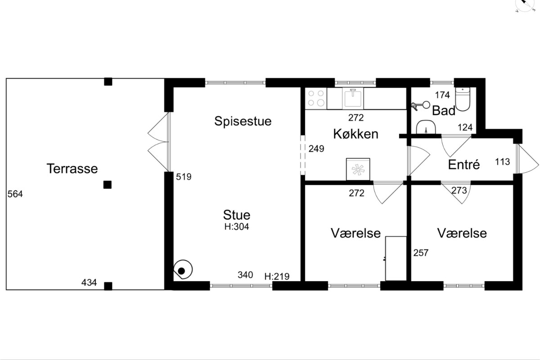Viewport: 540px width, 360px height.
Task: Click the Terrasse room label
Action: (72, 168)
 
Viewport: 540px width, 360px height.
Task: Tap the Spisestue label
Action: (243, 121)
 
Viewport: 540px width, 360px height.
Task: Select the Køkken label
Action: (355, 134)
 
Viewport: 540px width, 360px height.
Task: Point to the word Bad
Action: (444, 111)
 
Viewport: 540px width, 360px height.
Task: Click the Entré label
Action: (464, 165)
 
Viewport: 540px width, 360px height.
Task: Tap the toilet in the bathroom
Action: (463, 99)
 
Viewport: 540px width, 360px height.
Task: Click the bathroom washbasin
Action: (426, 127)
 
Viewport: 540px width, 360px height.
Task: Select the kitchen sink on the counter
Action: (353, 99)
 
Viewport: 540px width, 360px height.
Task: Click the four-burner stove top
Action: (316, 99)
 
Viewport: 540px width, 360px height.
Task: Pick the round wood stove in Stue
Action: (183, 270)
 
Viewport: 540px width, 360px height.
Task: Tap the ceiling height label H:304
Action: (237, 227)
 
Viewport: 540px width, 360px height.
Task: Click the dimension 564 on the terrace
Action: (15, 194)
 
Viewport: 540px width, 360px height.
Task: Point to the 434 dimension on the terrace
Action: (89, 282)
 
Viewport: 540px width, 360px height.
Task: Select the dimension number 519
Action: (184, 177)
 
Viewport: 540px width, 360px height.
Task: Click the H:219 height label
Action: (277, 276)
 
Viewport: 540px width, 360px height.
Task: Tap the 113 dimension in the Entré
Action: (502, 162)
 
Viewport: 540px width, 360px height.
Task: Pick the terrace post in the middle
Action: (108, 184)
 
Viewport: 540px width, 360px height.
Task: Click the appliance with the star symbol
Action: (358, 169)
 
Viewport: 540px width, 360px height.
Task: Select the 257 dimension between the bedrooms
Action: (421, 253)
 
